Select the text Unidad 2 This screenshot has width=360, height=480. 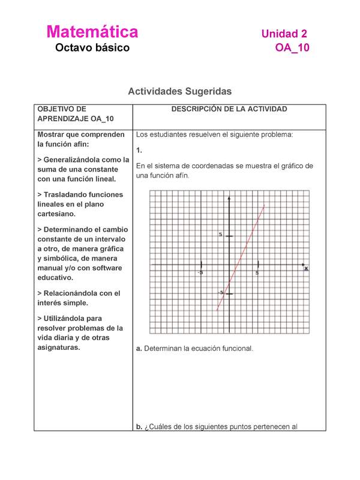click(284, 35)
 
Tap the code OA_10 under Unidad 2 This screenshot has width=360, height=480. click(292, 48)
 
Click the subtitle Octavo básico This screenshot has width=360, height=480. click(92, 48)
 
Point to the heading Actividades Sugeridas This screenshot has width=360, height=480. click(179, 91)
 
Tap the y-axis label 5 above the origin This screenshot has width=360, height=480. click(221, 235)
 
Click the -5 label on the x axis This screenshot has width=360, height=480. click(201, 272)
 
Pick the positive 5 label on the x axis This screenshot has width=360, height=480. click(257, 272)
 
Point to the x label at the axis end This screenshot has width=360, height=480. click(306, 268)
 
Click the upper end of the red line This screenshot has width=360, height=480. click(263, 206)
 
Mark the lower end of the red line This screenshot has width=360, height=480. click(217, 310)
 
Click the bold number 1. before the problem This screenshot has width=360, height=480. click(139, 150)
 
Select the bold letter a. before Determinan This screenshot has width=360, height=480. click(139, 348)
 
